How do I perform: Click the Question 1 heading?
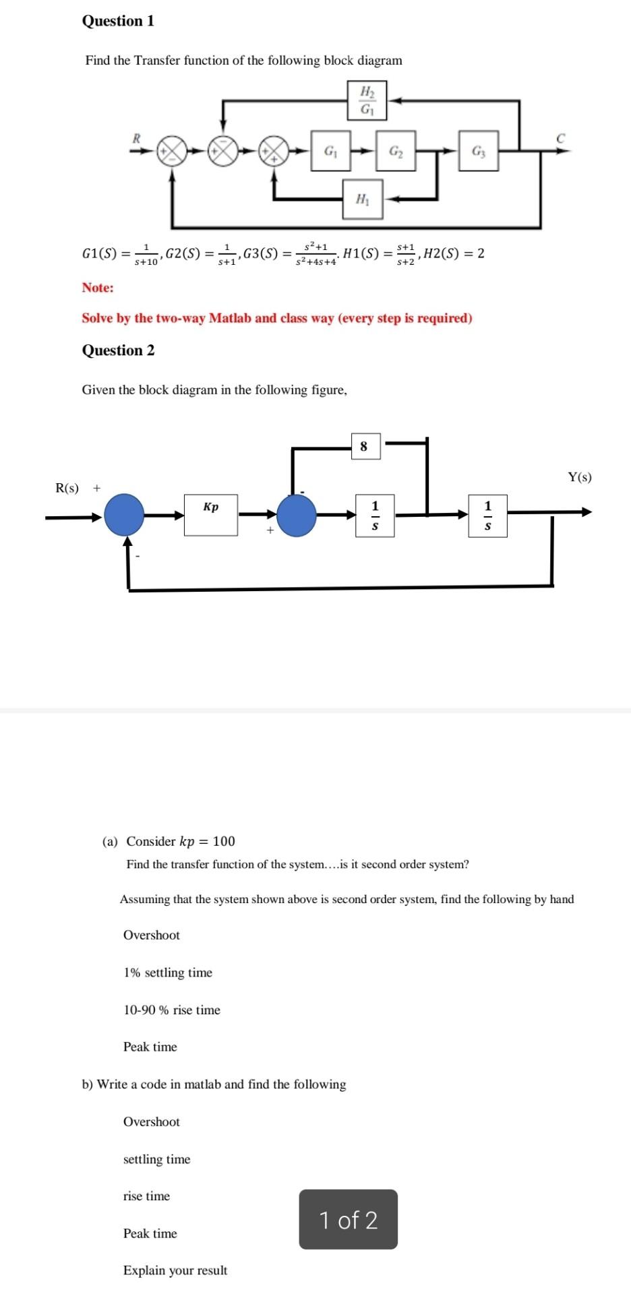point(118,22)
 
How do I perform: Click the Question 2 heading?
point(118,350)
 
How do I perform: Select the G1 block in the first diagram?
point(330,151)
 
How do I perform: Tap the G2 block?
point(396,151)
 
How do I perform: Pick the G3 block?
point(479,151)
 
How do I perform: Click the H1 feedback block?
point(363,199)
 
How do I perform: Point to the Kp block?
point(211,515)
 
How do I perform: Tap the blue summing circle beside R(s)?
point(124,516)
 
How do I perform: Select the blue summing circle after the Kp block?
point(297,516)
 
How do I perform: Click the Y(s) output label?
point(579,478)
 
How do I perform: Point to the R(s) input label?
point(67,488)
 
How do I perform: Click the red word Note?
point(98,288)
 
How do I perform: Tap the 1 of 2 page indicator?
point(349,1220)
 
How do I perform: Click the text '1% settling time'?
point(168,973)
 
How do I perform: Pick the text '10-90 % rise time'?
point(172,1010)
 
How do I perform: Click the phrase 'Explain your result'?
point(175,1270)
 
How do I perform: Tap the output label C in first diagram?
point(560,138)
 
